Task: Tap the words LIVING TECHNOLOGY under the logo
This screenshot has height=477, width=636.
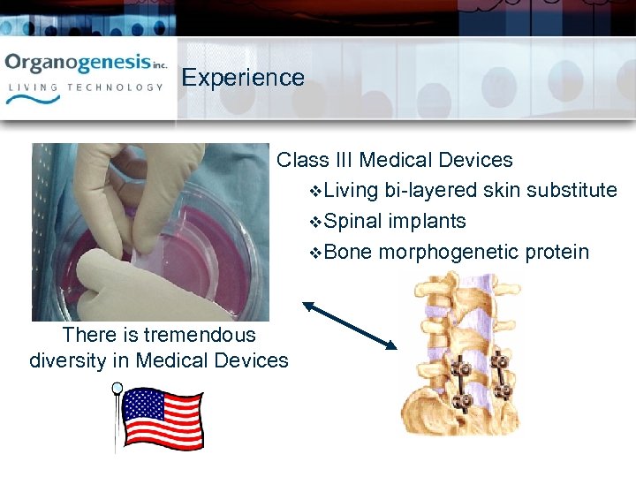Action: click(86, 87)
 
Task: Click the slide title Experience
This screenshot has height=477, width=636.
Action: click(243, 78)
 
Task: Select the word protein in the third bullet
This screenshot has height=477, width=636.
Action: click(556, 252)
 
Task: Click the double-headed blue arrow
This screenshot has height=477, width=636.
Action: click(350, 326)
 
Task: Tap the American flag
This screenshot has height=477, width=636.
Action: click(161, 417)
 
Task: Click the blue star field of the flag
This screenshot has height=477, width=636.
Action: click(140, 404)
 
